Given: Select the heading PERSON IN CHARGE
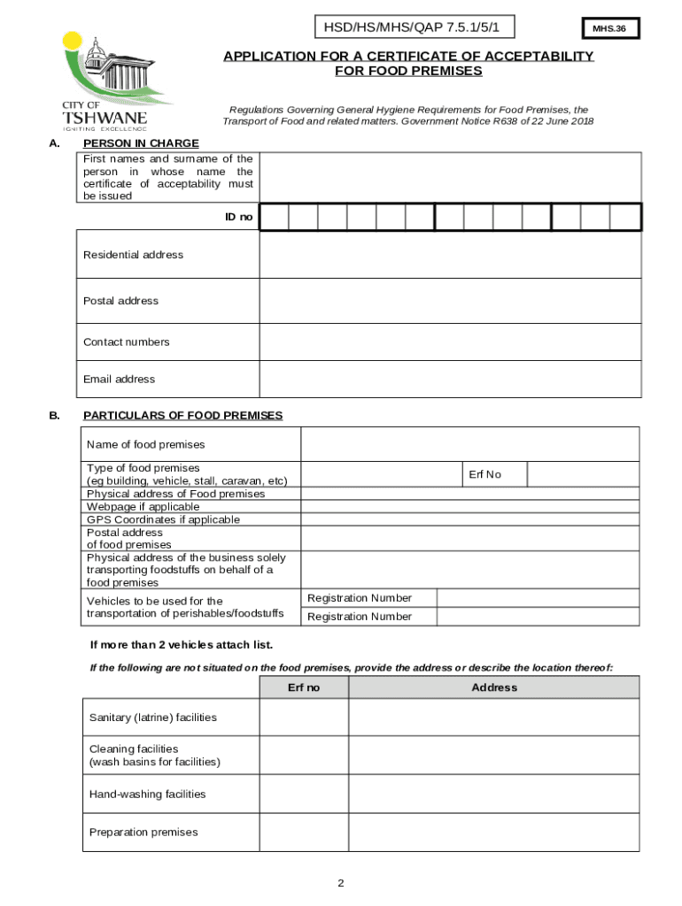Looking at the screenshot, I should [x=141, y=143].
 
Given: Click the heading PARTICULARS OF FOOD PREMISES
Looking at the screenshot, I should [x=182, y=415].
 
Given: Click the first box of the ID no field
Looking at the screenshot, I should [x=275, y=217].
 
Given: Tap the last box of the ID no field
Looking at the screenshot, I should [x=624, y=217].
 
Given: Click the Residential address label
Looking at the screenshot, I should [x=133, y=255].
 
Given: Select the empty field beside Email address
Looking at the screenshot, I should [x=449, y=380].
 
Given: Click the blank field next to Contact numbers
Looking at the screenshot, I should [x=449, y=342].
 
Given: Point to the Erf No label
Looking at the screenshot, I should [x=484, y=474].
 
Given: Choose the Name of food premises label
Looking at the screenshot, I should [x=145, y=444].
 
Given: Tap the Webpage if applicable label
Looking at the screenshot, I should [x=143, y=507].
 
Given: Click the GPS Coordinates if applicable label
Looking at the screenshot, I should [x=163, y=520].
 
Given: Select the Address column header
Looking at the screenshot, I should [x=494, y=687].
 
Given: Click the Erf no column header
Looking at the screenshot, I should [x=304, y=687].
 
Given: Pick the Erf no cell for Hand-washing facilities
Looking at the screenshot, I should [x=304, y=795].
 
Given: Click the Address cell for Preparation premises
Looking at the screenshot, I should [x=494, y=833].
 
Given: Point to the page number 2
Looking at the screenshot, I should [x=340, y=884].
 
